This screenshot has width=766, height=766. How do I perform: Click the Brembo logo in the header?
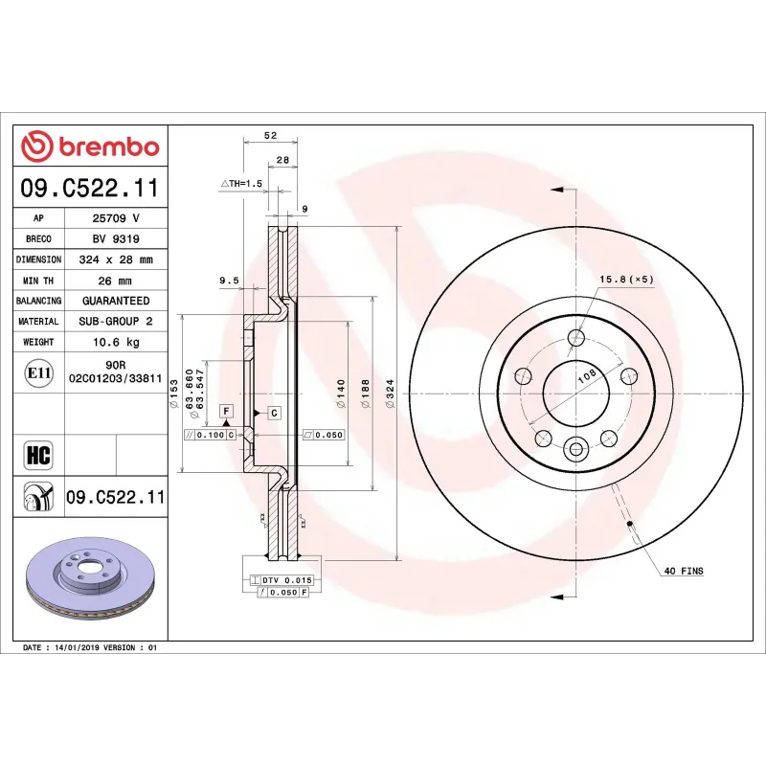(x=90, y=146)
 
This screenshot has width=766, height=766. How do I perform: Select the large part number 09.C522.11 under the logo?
(x=90, y=188)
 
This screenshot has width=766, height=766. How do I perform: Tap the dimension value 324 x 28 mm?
(x=116, y=259)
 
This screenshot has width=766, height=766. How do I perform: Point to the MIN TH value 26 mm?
(x=116, y=281)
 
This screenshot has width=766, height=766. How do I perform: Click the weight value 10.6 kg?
(x=116, y=342)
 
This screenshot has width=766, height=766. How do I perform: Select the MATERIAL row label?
(x=38, y=322)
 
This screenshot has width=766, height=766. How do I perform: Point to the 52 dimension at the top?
(x=271, y=136)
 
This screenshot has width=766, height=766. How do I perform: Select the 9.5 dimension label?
(x=228, y=281)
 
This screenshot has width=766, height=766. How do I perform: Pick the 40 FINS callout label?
(x=683, y=571)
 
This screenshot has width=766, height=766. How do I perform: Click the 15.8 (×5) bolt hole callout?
(x=626, y=280)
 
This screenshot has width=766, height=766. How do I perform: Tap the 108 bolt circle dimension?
(x=585, y=377)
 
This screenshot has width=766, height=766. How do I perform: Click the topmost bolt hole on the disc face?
(x=575, y=337)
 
